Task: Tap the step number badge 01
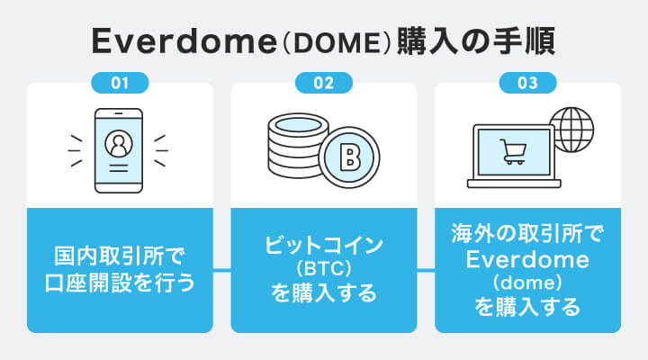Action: [x=120, y=84]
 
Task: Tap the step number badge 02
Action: [x=323, y=84]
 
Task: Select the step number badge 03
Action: [x=527, y=84]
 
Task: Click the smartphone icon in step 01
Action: [x=119, y=149]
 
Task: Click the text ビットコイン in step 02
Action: [x=324, y=245]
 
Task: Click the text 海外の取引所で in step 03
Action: [x=527, y=236]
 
